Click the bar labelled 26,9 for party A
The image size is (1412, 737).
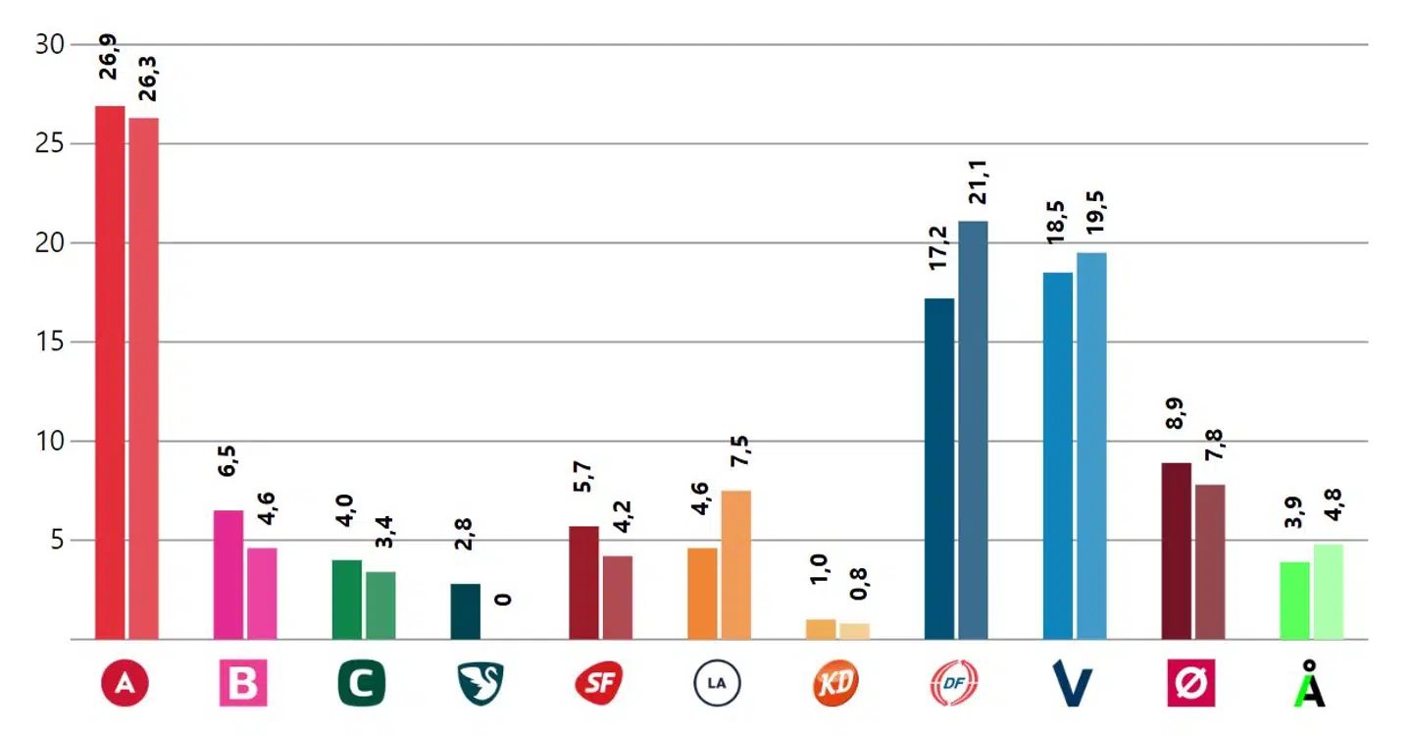(110, 372)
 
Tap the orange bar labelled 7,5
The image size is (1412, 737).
(735, 564)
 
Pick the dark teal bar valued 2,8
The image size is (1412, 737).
(466, 611)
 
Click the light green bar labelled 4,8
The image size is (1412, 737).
(1329, 592)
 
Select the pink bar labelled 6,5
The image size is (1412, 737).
(228, 574)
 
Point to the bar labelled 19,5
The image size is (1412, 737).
(1091, 446)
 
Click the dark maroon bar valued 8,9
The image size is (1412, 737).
(1177, 551)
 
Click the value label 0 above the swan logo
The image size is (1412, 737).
(502, 599)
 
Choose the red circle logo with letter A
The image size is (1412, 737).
(125, 684)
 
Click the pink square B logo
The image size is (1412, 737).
(242, 684)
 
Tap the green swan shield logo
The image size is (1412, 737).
(480, 684)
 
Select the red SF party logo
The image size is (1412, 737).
(598, 684)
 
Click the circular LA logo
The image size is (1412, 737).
(717, 684)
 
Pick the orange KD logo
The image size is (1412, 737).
(835, 684)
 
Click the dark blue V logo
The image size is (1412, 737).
(1072, 684)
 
